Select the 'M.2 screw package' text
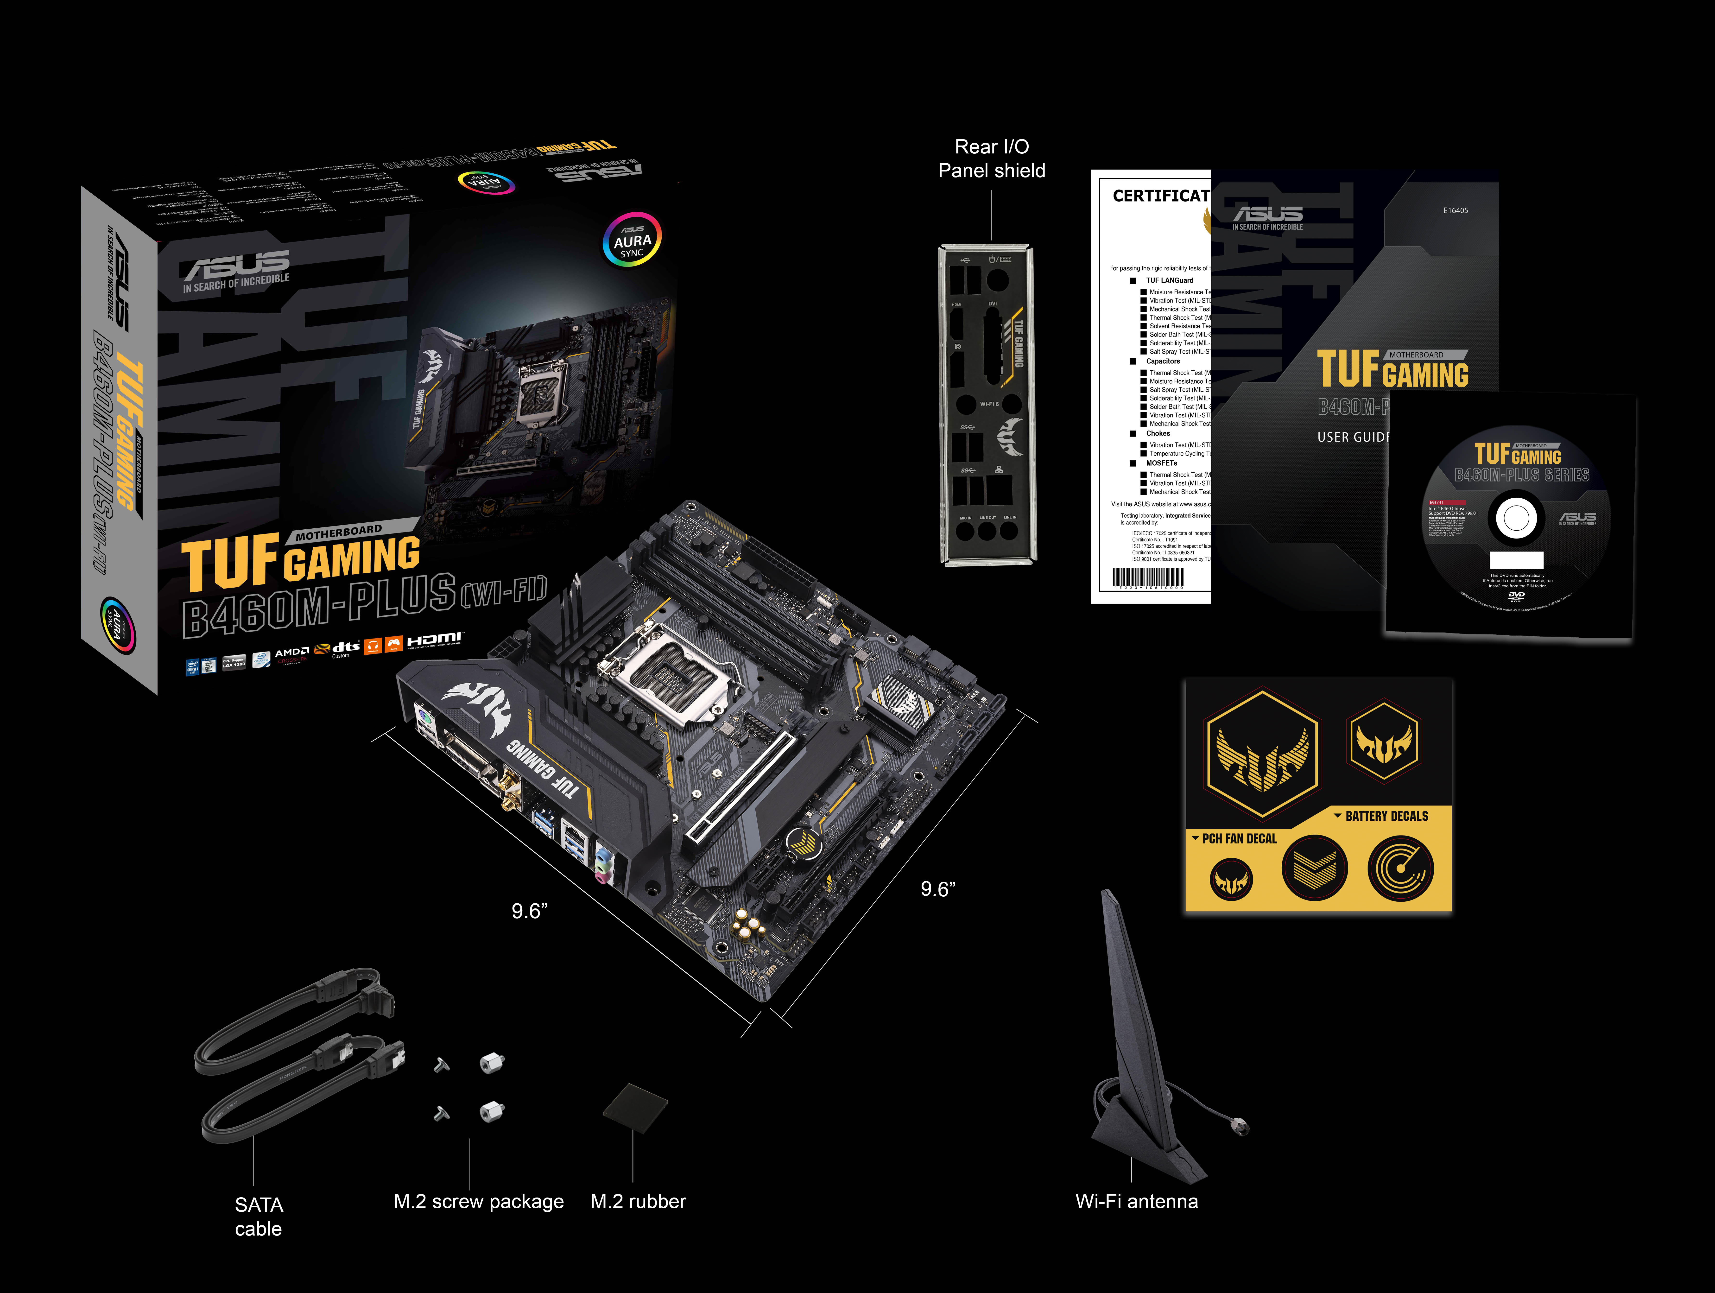tap(478, 1202)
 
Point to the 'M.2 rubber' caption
tap(638, 1202)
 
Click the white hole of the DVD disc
tap(1516, 519)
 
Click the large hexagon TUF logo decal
tap(1261, 754)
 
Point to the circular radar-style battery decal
tap(1400, 868)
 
